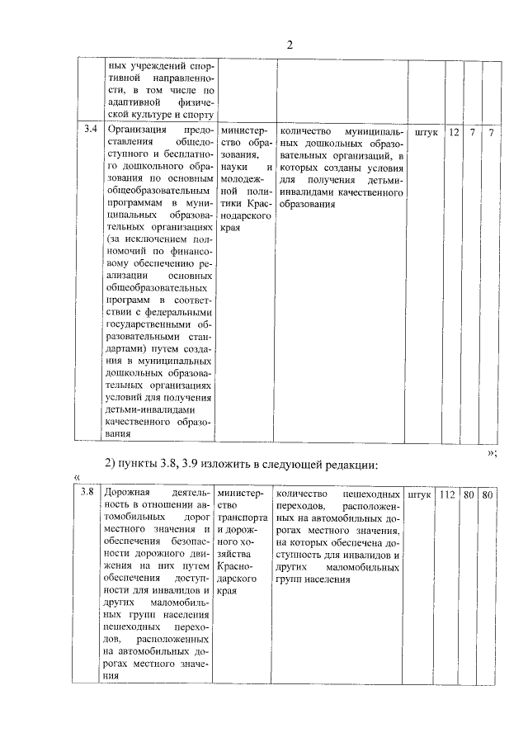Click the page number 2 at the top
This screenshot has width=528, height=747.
pyautogui.click(x=290, y=45)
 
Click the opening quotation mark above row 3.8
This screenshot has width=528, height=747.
pyautogui.click(x=76, y=477)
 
